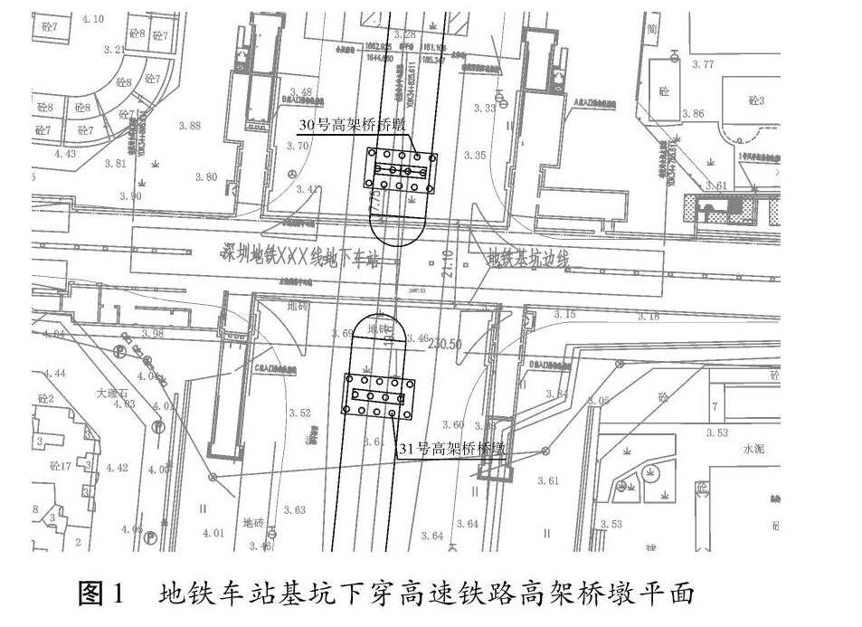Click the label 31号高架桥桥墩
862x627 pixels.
point(450,447)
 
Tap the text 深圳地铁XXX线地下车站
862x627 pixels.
point(299,256)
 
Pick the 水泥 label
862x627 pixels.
point(754,448)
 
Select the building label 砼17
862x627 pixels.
point(61,466)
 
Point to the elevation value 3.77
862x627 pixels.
point(703,64)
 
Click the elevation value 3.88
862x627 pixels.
point(190,126)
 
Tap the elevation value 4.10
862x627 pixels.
point(92,19)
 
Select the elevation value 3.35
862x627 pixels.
point(474,156)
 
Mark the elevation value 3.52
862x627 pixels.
point(299,413)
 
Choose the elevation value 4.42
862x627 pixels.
point(117,468)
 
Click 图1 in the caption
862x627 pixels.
point(105,594)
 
